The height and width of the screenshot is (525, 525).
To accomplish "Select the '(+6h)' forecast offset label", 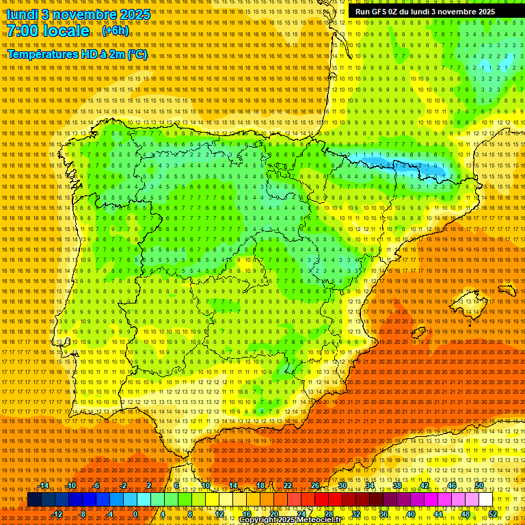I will click(x=115, y=31).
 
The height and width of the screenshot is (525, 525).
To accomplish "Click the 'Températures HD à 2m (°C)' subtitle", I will click(x=77, y=54).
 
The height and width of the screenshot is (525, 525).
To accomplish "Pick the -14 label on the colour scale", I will click(x=44, y=485).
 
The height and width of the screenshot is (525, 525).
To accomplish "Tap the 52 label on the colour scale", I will click(x=492, y=514).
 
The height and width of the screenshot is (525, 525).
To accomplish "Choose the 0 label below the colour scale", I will click(x=135, y=514).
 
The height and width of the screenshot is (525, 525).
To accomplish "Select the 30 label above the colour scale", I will click(x=342, y=485).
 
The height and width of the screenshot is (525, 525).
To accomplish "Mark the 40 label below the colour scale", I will click(x=410, y=514).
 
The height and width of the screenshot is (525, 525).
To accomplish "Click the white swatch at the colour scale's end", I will click(x=485, y=500).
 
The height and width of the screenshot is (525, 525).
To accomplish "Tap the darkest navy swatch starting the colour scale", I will click(x=34, y=500).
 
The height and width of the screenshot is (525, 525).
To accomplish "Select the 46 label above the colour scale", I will click(x=451, y=485).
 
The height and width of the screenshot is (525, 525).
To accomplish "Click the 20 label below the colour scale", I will click(x=273, y=514).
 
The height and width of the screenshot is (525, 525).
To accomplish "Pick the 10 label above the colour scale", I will click(x=205, y=485).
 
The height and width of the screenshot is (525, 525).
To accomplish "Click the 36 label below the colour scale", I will click(x=383, y=514).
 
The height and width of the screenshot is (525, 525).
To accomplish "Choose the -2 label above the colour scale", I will click(x=124, y=485).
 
